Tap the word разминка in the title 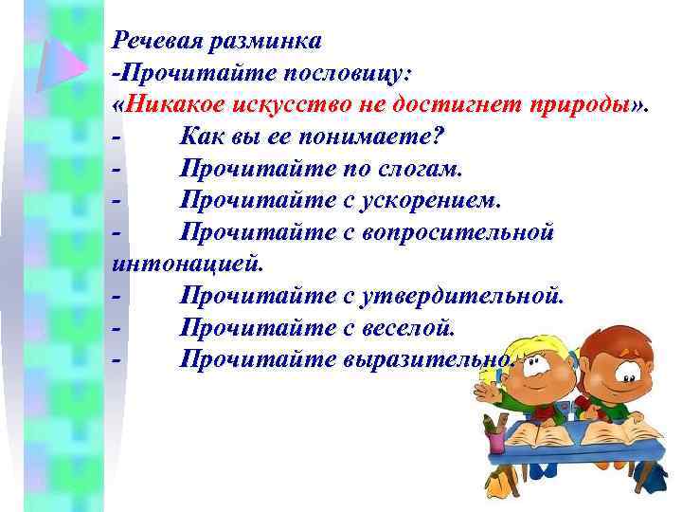coord(268,41)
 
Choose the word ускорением coord(422,202)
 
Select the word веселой coord(409,329)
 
